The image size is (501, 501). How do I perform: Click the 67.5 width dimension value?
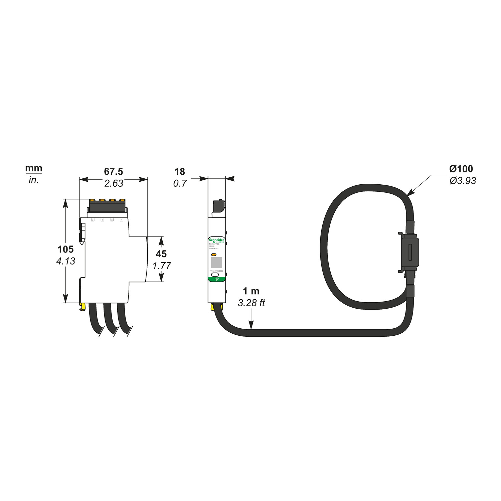[x=114, y=172]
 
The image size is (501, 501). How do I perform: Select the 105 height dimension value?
[x=65, y=249]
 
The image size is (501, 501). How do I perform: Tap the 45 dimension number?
[x=161, y=254]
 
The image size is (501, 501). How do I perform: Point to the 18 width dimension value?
[x=180, y=172]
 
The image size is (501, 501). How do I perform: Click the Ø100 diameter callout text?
[x=461, y=169]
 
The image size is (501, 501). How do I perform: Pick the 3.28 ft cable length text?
[x=251, y=303]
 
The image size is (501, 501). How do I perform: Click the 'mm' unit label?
[x=34, y=168]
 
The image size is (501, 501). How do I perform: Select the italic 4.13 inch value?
[x=66, y=261]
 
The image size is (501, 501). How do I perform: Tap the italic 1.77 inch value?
[x=162, y=266]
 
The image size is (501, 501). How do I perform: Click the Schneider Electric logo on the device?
[x=216, y=240]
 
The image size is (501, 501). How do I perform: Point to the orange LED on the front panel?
[x=214, y=255]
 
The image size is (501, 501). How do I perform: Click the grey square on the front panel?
[x=216, y=262]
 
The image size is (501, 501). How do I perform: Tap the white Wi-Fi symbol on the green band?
[x=216, y=279]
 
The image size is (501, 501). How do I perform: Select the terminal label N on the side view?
[x=122, y=220]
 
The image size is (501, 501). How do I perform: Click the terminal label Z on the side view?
[x=93, y=220]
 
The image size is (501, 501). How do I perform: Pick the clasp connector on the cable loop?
[x=410, y=252]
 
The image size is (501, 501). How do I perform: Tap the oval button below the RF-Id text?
[x=215, y=275]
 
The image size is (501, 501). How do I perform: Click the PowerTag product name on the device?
[x=214, y=244]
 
